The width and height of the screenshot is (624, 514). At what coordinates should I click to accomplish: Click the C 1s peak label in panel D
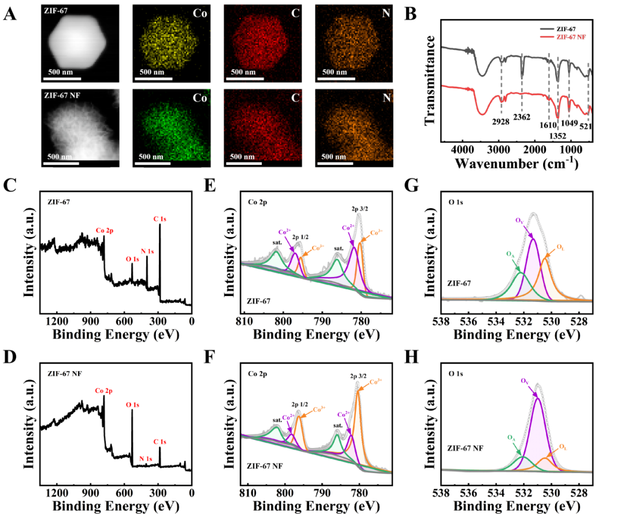click(159, 442)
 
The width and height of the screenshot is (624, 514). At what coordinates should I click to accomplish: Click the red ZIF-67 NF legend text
click(572, 36)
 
